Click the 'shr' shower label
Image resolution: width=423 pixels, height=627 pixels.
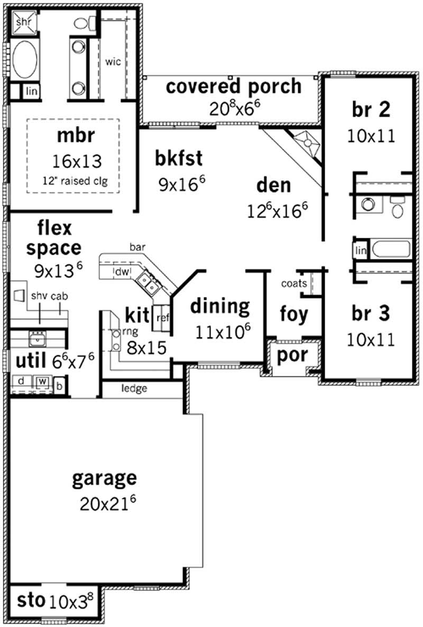[x=23, y=22]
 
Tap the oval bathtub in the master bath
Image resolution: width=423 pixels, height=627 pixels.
[x=24, y=59]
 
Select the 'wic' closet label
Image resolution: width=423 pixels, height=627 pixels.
[x=113, y=61]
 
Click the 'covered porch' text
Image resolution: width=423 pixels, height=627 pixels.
[x=234, y=86]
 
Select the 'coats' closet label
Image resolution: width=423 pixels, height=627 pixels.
[x=294, y=283]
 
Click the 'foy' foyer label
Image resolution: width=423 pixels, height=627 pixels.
[x=293, y=314]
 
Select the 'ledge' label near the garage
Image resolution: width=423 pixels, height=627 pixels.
[x=134, y=389]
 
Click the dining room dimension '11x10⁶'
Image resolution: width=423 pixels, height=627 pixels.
[x=223, y=332]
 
